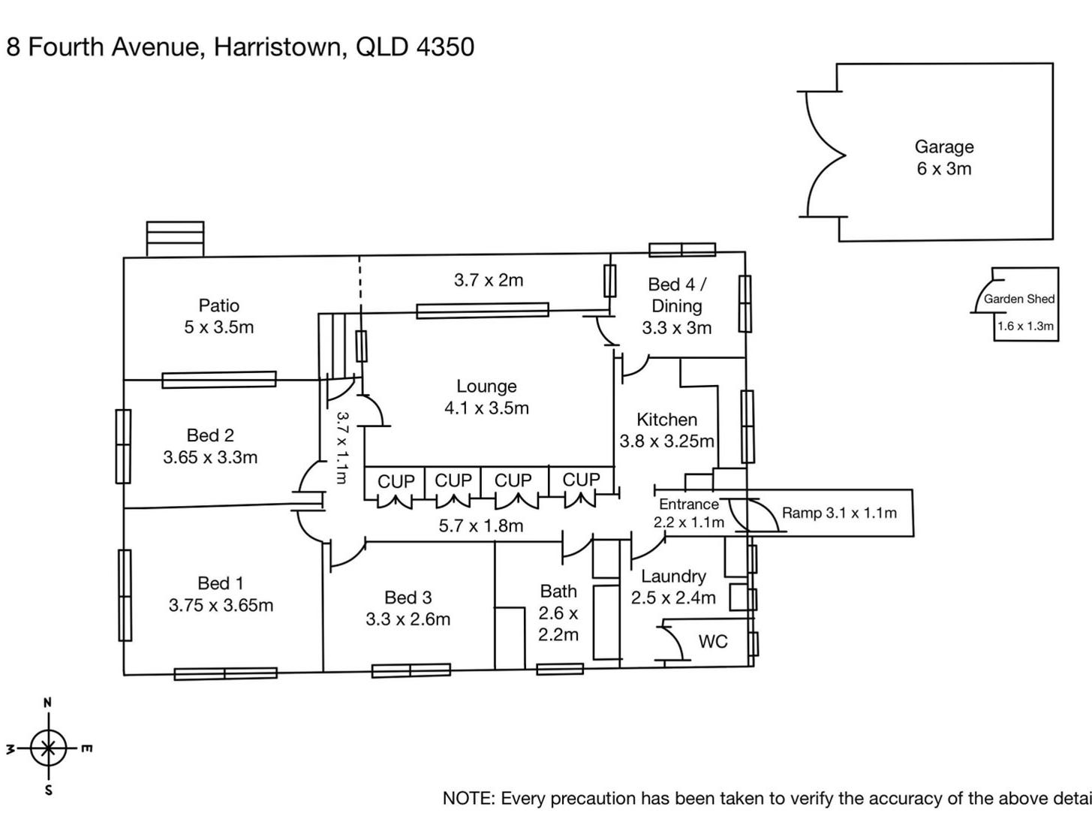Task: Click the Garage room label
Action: [x=943, y=147]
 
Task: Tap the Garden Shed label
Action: [x=1018, y=299]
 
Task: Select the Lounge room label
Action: [x=486, y=387]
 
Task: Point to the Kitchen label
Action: [x=666, y=420]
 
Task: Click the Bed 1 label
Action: [x=220, y=583]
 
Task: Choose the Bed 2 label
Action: [x=210, y=435]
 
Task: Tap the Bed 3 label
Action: [x=408, y=598]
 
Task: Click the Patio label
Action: [x=219, y=306]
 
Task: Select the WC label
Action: [x=712, y=642]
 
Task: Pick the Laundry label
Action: [x=673, y=577]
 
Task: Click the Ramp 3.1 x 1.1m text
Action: [x=839, y=513]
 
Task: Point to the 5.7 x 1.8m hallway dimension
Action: [x=480, y=526]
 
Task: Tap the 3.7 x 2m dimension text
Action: [x=488, y=281]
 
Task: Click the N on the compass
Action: [x=48, y=703]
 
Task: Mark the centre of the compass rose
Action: [x=49, y=748]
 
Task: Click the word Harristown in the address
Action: [x=278, y=47]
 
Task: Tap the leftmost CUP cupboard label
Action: [x=396, y=481]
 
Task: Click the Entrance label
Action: [x=688, y=504]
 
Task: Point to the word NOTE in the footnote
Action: [x=467, y=799]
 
